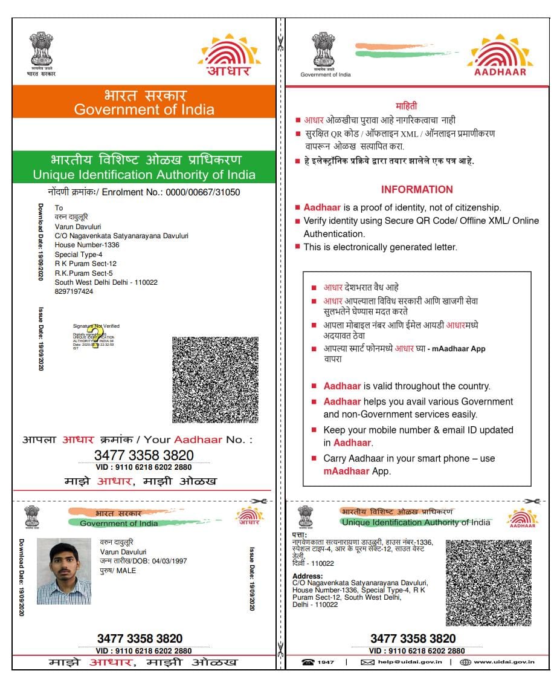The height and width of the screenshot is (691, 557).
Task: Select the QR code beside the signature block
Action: click(215, 380)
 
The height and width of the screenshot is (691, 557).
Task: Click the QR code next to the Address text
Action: click(488, 583)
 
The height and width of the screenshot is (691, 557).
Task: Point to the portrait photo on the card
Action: click(64, 571)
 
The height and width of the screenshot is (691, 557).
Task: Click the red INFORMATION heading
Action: click(417, 189)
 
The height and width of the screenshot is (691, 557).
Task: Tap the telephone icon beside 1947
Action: click(308, 662)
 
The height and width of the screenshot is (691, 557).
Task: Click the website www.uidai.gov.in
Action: click(504, 662)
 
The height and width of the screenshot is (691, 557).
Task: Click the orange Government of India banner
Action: click(144, 102)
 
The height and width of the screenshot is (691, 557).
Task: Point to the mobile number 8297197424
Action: click(74, 291)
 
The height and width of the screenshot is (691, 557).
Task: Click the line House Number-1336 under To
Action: click(87, 245)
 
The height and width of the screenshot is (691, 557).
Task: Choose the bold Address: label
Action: click(307, 576)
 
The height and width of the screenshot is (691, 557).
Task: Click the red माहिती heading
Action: click(407, 106)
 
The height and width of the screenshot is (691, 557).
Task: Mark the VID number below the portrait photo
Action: click(144, 651)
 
